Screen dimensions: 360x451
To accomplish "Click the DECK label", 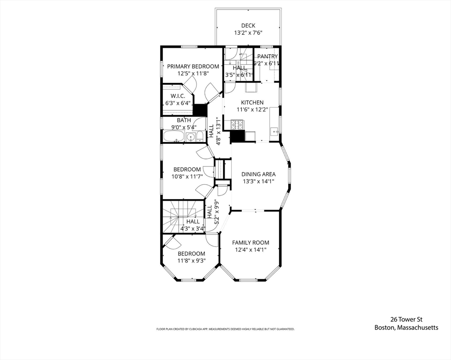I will [248, 26].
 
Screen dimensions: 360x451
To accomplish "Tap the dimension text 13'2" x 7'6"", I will [248, 33].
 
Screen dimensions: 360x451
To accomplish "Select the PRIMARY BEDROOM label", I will [193, 67].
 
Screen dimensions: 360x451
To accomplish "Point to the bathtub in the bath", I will [173, 137].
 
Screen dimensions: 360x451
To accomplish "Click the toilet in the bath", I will [200, 137].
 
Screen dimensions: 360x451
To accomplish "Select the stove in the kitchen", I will [237, 125].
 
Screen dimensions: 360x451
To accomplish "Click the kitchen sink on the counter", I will [274, 131].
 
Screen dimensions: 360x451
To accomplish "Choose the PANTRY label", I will [267, 57].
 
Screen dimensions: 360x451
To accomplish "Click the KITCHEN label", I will [252, 103].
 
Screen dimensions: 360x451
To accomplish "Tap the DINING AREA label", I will [258, 174].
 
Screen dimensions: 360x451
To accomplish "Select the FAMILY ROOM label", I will [251, 242].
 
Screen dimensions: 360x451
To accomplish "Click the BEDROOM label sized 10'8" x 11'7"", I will [187, 170].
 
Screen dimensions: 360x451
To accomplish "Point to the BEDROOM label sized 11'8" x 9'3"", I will [191, 254].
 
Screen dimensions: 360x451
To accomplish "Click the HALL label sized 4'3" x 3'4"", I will [193, 222].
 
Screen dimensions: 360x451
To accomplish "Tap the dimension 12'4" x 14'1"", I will [251, 250].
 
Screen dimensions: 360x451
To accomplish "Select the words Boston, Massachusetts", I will [406, 328].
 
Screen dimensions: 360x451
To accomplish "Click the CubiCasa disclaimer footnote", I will [225, 330].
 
